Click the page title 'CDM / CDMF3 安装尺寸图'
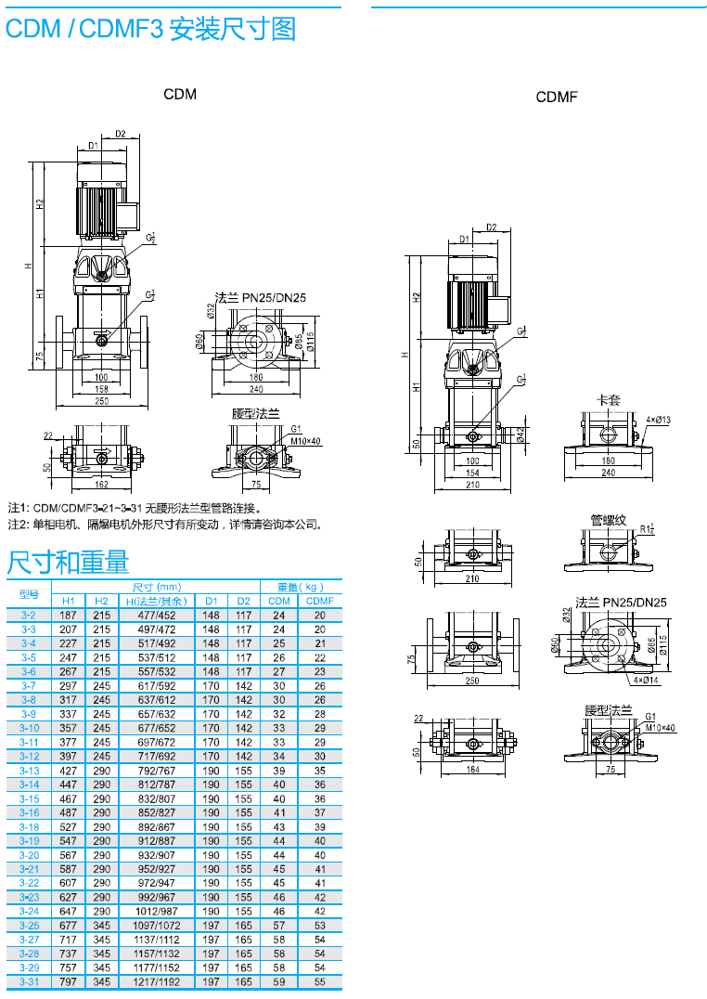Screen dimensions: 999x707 [150, 29]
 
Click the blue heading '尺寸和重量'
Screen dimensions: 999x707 [68, 562]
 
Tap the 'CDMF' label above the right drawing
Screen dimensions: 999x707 [557, 97]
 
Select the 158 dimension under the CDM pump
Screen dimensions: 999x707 [101, 389]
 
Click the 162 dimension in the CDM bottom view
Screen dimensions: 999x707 [101, 484]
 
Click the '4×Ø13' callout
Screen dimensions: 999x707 [658, 420]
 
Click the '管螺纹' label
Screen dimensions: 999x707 [608, 520]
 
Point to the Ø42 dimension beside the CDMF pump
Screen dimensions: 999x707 [521, 434]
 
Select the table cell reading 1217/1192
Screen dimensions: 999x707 [156, 981]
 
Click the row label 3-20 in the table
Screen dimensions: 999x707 [29, 854]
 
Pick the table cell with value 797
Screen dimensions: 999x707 [69, 981]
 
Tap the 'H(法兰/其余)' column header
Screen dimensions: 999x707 [156, 601]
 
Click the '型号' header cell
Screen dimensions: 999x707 [29, 594]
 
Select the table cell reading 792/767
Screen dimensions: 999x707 [156, 771]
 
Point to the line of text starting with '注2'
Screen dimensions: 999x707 [167, 525]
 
